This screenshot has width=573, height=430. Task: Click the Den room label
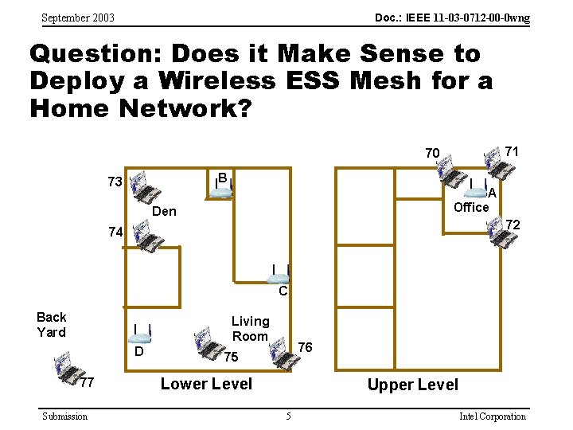pos(164,211)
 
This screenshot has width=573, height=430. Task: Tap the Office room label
pos(471,207)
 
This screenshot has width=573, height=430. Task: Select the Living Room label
pos(250,329)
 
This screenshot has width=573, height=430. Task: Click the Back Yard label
pos(52,324)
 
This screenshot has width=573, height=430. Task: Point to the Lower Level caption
pos(206,384)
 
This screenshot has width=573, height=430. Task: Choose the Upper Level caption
pos(412,385)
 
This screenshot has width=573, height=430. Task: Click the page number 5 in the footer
pos(288,416)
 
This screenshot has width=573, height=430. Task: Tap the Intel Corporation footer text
pos(493,416)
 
